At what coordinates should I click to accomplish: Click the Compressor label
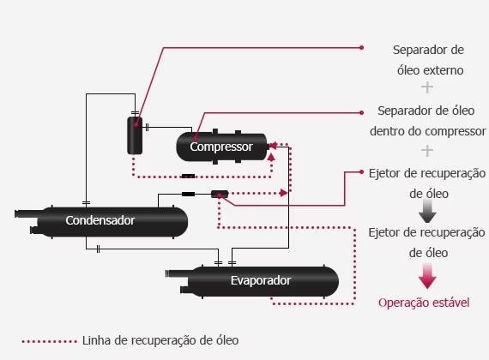point(221,147)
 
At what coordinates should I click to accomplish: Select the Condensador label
point(100,220)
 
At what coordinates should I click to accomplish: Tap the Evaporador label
point(261,280)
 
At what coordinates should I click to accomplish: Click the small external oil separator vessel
point(135,135)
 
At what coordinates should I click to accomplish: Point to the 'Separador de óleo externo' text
point(428,60)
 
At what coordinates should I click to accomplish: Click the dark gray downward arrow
point(427,213)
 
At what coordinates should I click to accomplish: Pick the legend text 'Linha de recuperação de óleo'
point(161,340)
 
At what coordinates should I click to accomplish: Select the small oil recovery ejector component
point(220,195)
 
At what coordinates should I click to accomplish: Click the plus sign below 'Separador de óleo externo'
point(427,88)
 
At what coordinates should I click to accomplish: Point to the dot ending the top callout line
point(362,47)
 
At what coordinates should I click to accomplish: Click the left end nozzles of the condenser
point(27,221)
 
